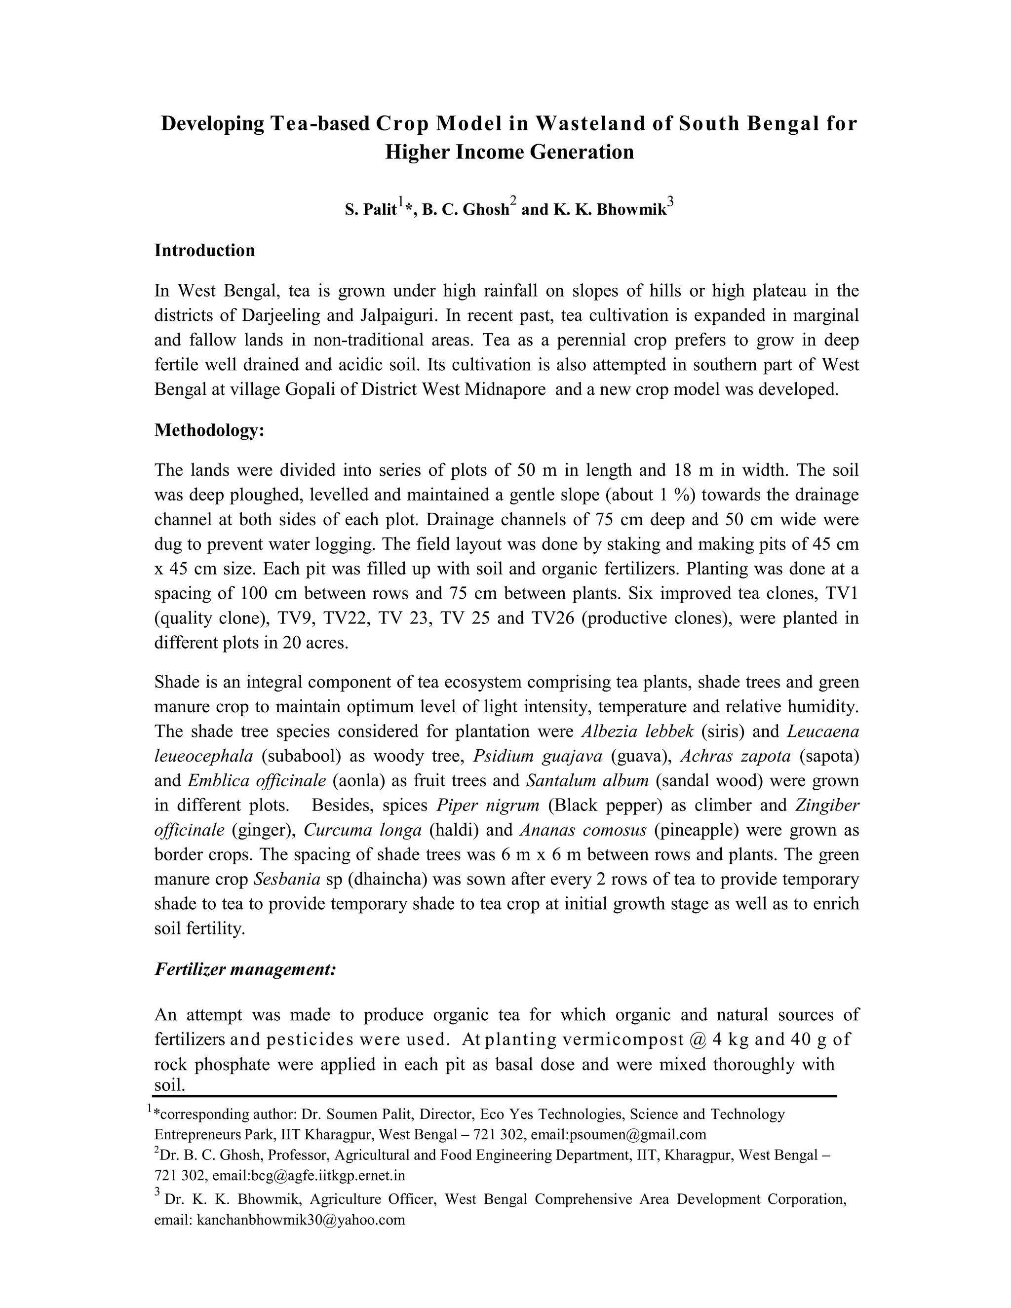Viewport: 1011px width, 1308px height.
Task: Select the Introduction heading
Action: (x=204, y=250)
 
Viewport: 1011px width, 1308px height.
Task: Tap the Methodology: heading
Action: (x=209, y=430)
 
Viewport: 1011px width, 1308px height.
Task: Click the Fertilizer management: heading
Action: (x=245, y=969)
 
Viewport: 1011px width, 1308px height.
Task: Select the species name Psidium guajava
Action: (x=537, y=756)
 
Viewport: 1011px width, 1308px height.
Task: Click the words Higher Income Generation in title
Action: (x=509, y=152)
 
